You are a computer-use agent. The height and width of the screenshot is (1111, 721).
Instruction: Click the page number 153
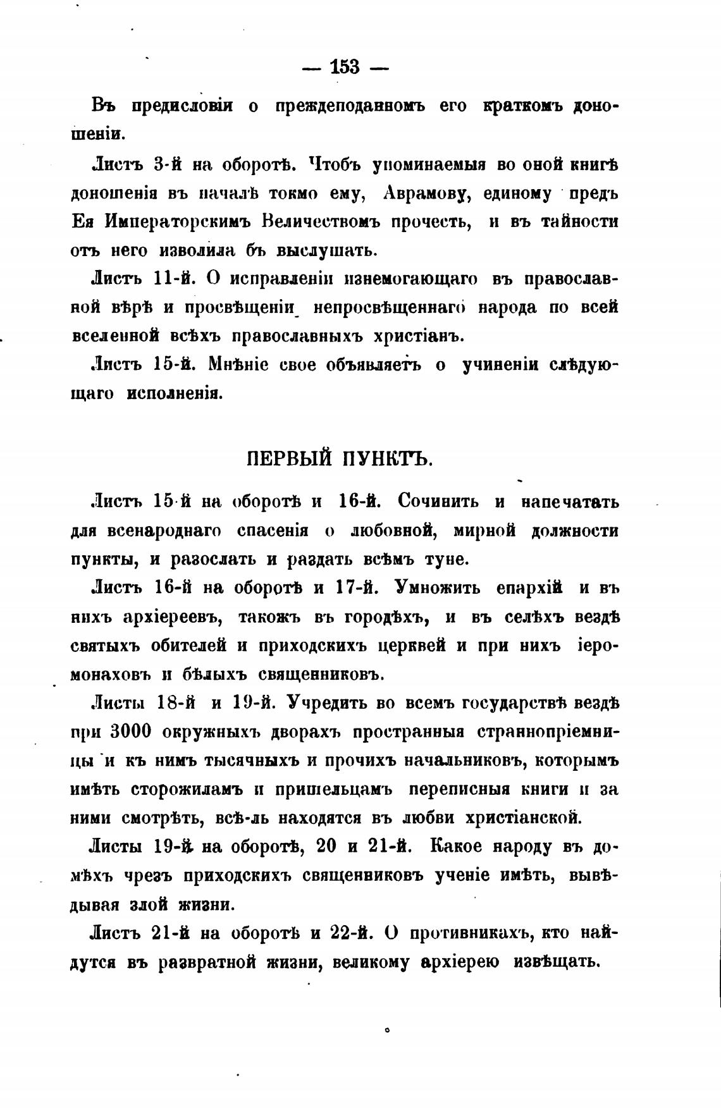tap(345, 66)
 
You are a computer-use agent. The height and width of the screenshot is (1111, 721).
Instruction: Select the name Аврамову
tap(429, 193)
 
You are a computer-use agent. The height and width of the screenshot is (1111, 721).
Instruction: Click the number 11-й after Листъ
tap(178, 279)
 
